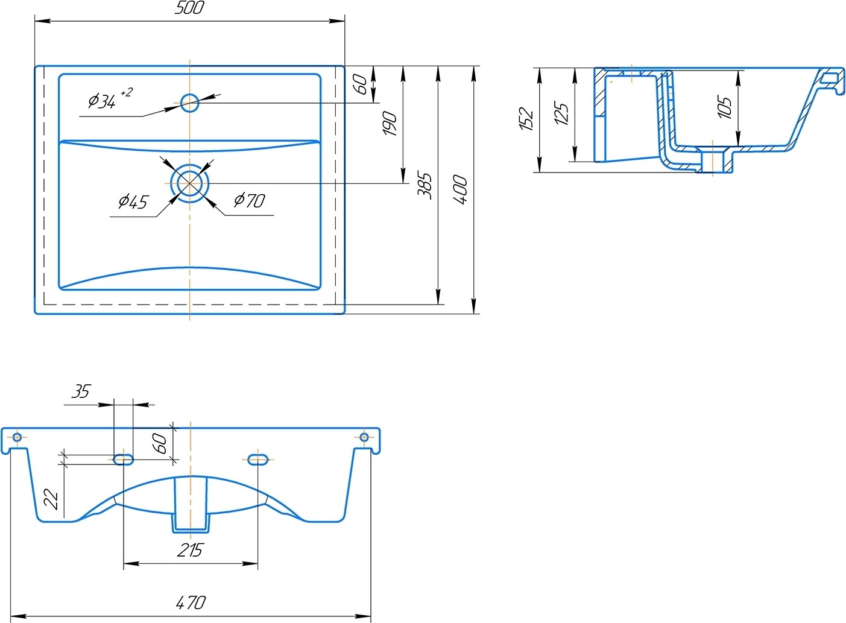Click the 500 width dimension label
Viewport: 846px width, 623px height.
tap(189, 8)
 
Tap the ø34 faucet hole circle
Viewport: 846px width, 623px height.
tap(189, 103)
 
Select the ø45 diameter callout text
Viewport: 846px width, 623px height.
tap(133, 202)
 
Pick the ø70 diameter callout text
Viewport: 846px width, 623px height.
tap(249, 200)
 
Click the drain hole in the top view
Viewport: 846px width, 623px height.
tap(189, 183)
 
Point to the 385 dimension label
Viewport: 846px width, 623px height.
tap(425, 186)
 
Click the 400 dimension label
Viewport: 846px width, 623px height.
tap(460, 189)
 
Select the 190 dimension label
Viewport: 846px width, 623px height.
tap(390, 123)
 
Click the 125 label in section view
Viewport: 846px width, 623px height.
tap(561, 113)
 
